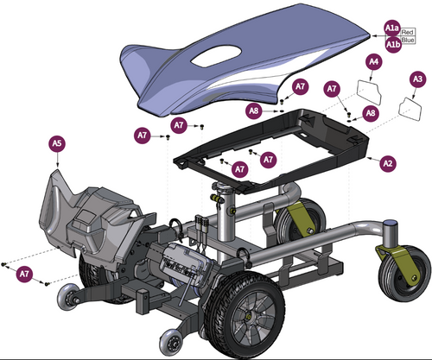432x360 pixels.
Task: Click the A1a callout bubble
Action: click(x=392, y=28)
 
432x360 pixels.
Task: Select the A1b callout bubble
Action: click(x=393, y=45)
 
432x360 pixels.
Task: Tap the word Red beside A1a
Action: click(x=407, y=32)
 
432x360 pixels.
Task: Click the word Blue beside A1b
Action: click(x=408, y=40)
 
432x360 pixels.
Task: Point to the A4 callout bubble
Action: click(x=374, y=61)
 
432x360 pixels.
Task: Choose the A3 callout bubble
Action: click(x=418, y=79)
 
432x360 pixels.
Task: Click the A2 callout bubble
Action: click(x=388, y=164)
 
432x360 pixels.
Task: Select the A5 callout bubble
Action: click(x=57, y=143)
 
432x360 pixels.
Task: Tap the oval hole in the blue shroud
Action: click(x=216, y=55)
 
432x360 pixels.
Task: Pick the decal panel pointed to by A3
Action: click(x=410, y=109)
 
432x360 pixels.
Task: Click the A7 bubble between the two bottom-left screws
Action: click(x=24, y=274)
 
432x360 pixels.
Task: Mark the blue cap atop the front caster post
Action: click(x=391, y=223)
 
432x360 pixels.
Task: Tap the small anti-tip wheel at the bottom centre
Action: click(x=171, y=343)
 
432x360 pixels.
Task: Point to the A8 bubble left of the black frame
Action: click(x=254, y=111)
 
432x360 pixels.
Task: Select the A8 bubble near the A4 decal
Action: click(x=371, y=113)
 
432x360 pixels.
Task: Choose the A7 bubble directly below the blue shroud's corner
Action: click(x=300, y=86)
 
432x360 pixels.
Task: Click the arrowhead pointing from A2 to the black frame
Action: click(x=370, y=158)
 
